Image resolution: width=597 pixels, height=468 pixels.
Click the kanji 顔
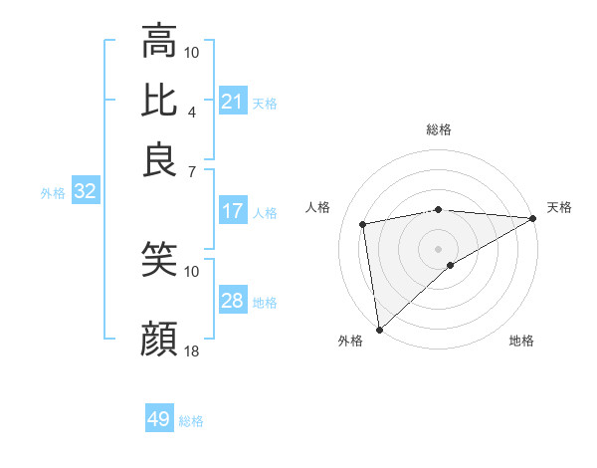point(159,340)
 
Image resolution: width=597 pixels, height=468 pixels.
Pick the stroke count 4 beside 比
point(192,112)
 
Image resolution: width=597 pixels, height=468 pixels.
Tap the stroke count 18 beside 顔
point(192,351)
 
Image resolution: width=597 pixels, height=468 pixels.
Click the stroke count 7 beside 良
point(192,171)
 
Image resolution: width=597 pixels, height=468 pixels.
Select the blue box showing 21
point(233,102)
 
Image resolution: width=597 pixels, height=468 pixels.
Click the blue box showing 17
point(233,211)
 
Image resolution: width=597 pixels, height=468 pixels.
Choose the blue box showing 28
point(233,301)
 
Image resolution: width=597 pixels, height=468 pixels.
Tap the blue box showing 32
point(85,192)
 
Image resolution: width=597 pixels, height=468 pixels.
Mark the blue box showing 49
point(159,419)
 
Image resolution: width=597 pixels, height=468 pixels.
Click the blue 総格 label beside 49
point(192,421)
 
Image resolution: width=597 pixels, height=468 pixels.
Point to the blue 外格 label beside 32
point(52,193)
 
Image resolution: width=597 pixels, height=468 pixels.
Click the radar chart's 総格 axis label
point(439,129)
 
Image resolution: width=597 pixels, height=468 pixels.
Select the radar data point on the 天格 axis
point(532,219)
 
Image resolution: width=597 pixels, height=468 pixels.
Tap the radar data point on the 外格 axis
point(379,330)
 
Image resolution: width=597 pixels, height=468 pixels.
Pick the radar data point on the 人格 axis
point(364,223)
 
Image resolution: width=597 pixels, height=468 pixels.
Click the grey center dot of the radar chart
point(439,248)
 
